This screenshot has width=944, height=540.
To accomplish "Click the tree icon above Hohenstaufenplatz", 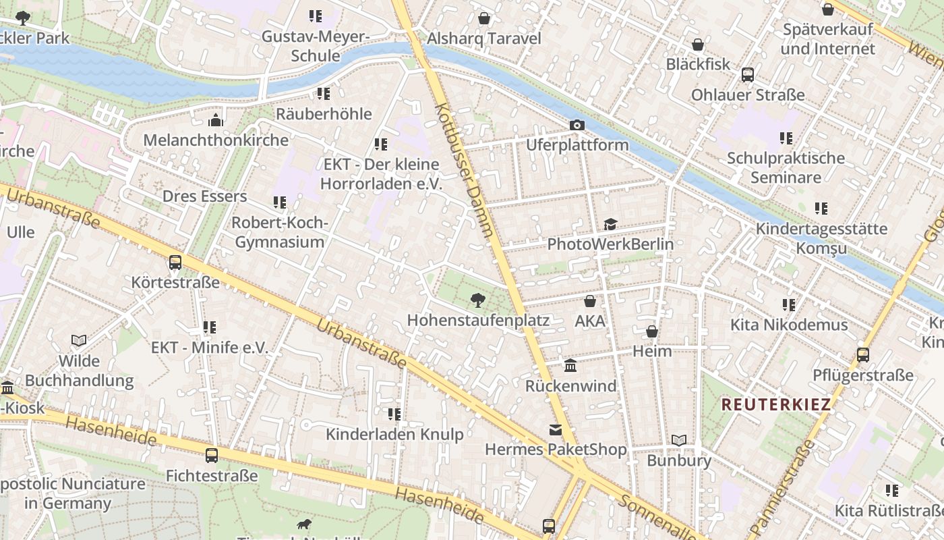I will point(478,300).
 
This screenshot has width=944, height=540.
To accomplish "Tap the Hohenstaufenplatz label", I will point(478,320).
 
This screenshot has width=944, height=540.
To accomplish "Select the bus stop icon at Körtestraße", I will point(175,263).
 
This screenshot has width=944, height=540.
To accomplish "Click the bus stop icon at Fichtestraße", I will point(212,456).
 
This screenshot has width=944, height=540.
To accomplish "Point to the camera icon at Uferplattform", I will point(577,126).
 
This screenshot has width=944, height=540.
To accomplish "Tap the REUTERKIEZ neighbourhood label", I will point(776,405).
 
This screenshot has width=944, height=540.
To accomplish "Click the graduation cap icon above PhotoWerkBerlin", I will point(610,224).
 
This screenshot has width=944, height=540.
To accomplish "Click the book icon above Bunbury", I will point(678,441).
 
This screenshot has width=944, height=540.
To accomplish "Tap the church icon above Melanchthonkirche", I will point(216,121).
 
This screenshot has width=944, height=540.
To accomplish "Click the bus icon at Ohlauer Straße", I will point(748,75).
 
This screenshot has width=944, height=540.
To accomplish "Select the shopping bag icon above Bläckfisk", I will point(698,45).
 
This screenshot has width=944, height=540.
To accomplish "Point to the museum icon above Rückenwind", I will point(570,366).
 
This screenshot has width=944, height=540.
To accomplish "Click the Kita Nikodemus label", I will point(789,325).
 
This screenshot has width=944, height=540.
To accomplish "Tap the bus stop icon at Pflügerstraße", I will point(862,355).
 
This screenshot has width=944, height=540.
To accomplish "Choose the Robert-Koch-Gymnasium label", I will point(279,232).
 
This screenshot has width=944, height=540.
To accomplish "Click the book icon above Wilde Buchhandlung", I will point(79,341).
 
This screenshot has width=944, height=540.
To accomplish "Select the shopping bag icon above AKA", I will point(590,301).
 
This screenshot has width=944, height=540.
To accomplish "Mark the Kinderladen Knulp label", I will point(394,433).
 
